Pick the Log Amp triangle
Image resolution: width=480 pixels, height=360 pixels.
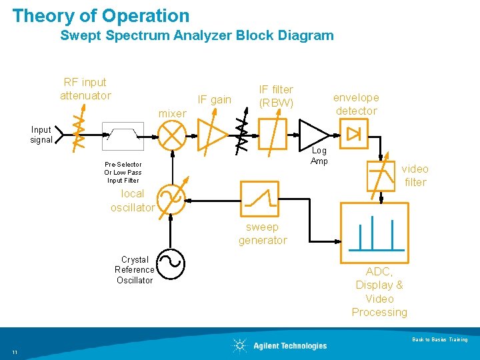pos(315,135)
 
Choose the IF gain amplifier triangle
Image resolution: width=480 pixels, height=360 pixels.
pos(213,135)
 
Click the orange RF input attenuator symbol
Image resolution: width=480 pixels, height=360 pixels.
pos(79,129)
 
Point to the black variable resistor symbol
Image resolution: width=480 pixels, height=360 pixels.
pos(242,131)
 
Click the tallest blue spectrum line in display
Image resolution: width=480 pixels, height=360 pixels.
pos(372,233)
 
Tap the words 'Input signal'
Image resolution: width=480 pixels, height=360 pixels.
pos(41,135)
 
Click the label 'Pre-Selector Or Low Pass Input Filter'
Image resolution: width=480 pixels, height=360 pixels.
pos(123,173)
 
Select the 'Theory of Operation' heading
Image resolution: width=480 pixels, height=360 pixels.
pos(101,15)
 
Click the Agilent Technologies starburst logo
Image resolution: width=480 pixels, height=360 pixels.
pos(240,345)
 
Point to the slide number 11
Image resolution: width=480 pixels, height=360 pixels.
pos(15,352)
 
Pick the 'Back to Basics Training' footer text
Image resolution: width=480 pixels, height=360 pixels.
pos(440,339)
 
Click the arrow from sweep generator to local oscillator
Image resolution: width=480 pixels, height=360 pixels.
pos(213,201)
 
